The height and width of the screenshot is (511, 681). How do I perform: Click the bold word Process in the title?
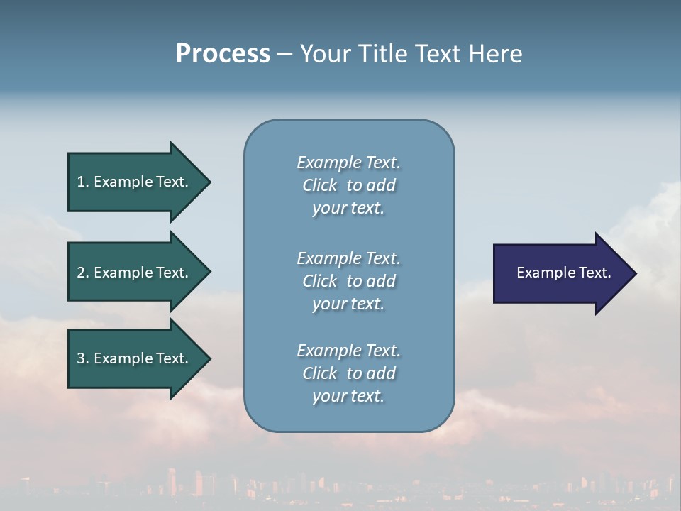223,54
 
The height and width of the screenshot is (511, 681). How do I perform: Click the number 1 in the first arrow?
81,182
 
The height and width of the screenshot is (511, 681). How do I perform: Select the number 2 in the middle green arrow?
81,273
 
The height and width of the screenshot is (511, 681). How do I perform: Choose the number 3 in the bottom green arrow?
81,358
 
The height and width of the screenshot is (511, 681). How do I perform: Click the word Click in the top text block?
320,185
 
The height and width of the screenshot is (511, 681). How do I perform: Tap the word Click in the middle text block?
320,281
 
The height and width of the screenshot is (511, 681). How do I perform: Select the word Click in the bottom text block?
320,373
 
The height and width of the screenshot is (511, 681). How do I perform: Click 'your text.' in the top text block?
348,208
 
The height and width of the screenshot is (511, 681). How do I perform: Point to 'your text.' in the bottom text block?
348,396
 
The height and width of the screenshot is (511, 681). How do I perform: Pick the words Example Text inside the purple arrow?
563,273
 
